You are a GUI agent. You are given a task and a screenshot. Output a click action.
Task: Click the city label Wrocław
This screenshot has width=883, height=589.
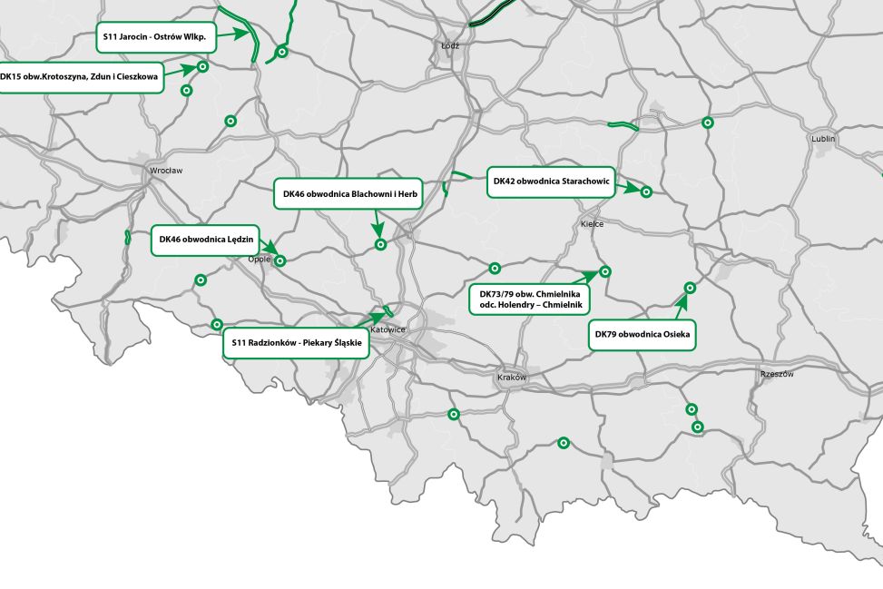pyautogui.click(x=167, y=170)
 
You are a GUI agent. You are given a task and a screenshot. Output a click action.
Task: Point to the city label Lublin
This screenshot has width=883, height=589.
pyautogui.click(x=823, y=139)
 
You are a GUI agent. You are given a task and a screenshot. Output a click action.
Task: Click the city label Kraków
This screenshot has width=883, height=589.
pyautogui.click(x=512, y=377)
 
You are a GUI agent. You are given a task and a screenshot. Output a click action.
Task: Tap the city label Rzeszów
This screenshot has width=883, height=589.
pyautogui.click(x=778, y=374)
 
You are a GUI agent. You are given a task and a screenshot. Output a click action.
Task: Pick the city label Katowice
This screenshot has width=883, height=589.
pyautogui.click(x=388, y=329)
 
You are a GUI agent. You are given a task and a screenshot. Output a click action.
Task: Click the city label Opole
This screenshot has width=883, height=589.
pyautogui.click(x=260, y=258)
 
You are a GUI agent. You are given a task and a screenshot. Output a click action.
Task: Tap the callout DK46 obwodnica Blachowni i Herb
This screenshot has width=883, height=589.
pyautogui.click(x=348, y=193)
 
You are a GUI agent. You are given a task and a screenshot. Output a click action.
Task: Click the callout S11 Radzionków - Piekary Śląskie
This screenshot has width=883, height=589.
pyautogui.click(x=297, y=342)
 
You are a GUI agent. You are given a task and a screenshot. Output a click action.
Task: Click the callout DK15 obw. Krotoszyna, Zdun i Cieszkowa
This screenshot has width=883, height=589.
pyautogui.click(x=80, y=77)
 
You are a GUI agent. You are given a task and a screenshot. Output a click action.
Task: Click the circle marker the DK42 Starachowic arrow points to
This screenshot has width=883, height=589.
pyautogui.click(x=646, y=191)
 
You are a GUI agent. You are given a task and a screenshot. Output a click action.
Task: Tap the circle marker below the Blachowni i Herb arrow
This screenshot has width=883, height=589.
pyautogui.click(x=381, y=244)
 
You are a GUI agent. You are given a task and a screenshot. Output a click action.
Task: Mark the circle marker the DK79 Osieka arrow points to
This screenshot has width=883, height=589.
pyautogui.click(x=689, y=288)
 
